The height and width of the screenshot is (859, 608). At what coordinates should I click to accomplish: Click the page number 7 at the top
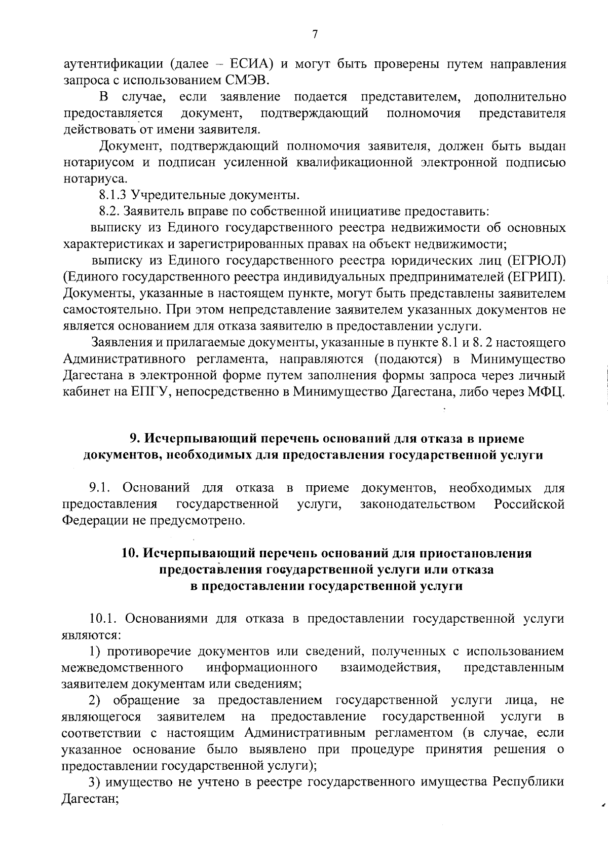[x=315, y=34]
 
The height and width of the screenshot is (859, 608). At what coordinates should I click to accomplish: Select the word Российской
[x=529, y=505]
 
